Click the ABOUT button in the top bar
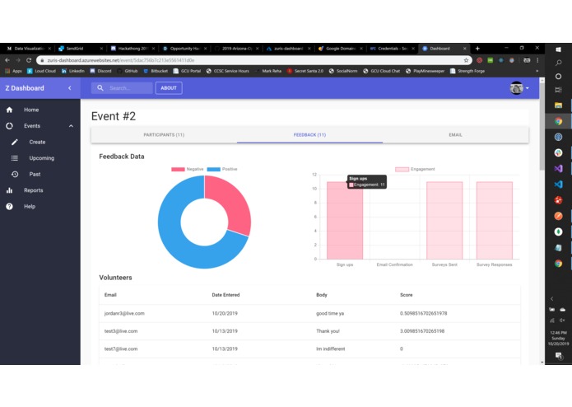169,88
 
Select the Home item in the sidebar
31,110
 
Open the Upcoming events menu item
41,158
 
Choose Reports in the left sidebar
34,190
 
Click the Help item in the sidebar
30,207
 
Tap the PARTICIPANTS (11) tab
164,134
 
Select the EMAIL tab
455,134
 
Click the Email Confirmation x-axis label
394,265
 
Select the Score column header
407,295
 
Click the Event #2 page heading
114,116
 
